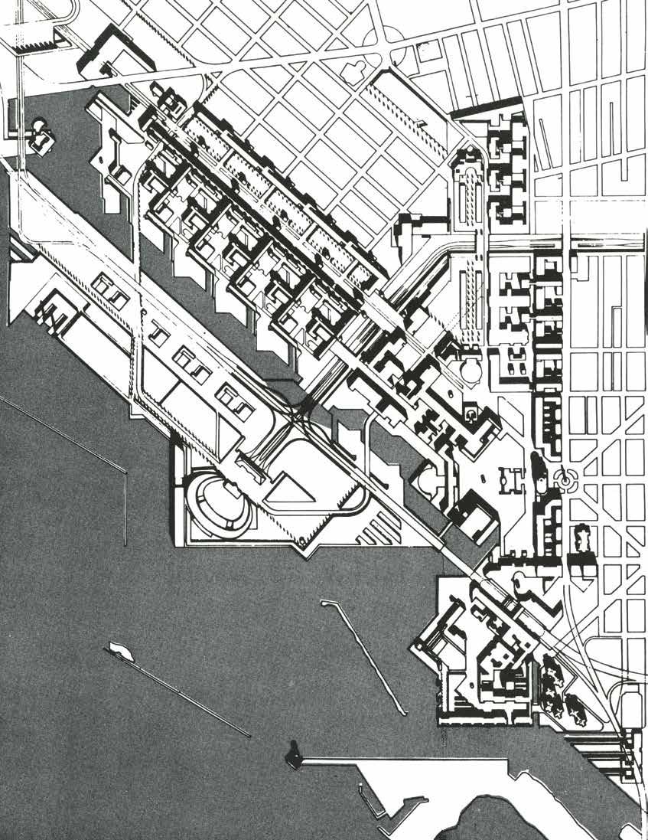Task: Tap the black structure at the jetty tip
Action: (293, 755)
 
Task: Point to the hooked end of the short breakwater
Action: (327, 603)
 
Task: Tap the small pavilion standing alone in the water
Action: (38, 133)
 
